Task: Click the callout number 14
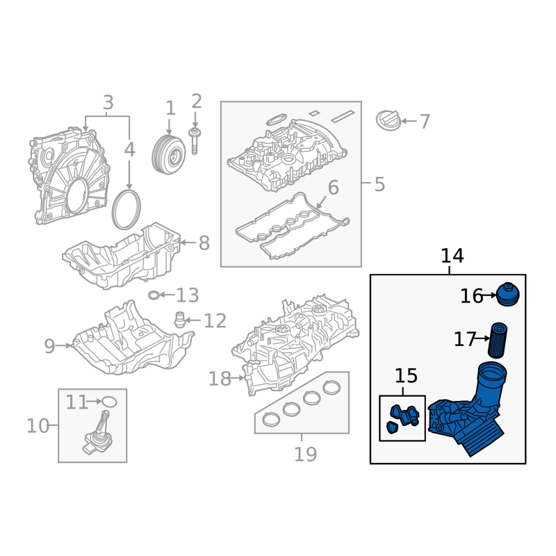point(452,256)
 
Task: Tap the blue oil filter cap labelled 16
point(508,294)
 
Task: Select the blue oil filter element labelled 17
point(498,341)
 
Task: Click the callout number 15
point(406,376)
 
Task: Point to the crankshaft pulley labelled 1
point(169,154)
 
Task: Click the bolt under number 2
point(195,141)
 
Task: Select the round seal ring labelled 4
point(126,210)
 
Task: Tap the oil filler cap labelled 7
point(389,120)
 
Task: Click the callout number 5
point(379,185)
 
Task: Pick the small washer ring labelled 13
point(154,295)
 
